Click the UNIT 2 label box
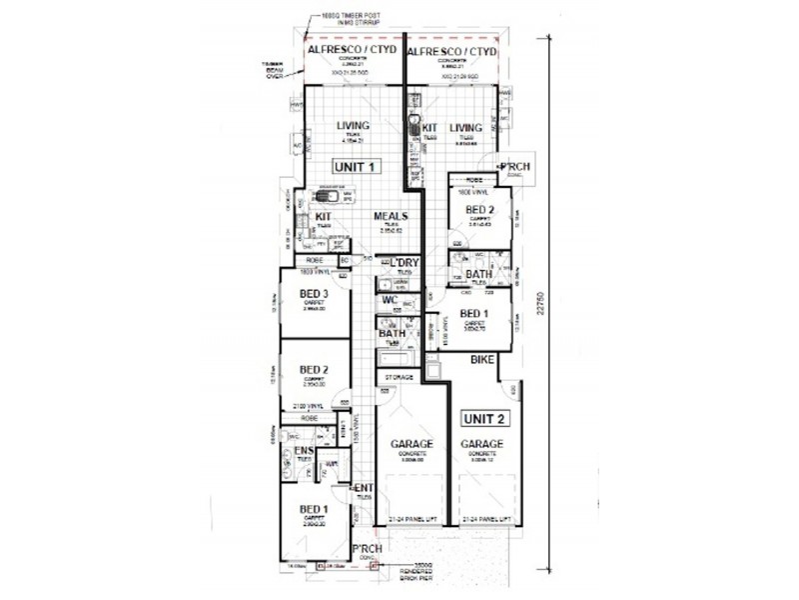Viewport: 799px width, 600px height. click(x=482, y=418)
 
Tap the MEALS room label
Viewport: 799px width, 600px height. click(x=391, y=216)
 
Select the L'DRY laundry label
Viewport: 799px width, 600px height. click(x=403, y=263)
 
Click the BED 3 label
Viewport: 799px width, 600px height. click(x=315, y=293)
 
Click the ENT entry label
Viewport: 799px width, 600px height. click(x=364, y=487)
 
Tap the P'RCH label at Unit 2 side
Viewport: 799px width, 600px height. click(x=514, y=165)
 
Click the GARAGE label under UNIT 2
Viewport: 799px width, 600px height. click(x=482, y=444)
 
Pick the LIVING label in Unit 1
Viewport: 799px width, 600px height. click(x=354, y=125)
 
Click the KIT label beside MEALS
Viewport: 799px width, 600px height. click(x=324, y=216)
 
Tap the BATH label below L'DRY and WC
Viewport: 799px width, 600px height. click(x=392, y=333)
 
